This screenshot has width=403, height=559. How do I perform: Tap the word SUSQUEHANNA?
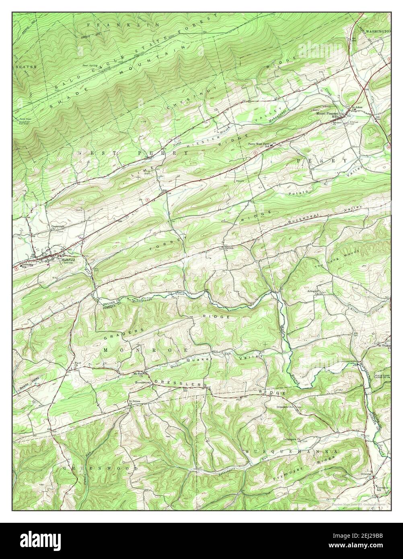pos(290,452)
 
